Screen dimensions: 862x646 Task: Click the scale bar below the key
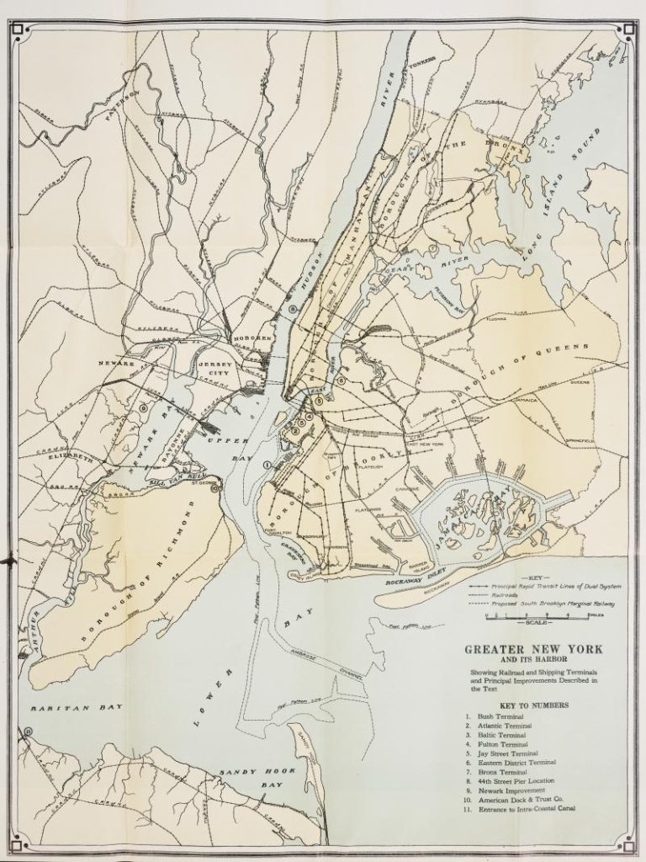pos(522,619)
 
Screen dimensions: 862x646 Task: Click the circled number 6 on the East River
pos(342,380)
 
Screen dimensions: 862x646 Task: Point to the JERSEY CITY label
pos(216,368)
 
